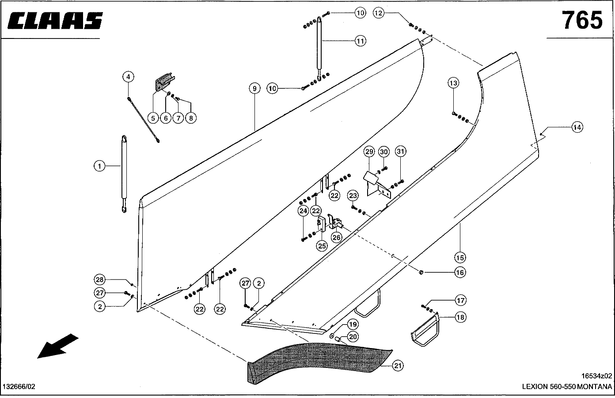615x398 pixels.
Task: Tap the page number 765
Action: pos(582,20)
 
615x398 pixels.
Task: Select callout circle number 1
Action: pos(100,166)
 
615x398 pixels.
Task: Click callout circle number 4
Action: pos(128,77)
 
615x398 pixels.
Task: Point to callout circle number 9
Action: pos(254,88)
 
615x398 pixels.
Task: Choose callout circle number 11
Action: pos(361,41)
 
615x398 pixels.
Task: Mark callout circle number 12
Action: pos(379,13)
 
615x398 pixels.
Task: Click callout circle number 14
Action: pos(577,127)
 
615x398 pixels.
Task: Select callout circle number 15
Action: pos(460,257)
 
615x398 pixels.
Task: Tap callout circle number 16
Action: pos(460,272)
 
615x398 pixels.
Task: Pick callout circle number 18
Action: pos(461,317)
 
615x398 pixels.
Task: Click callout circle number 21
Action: pos(398,366)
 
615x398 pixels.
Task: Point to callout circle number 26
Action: pos(337,237)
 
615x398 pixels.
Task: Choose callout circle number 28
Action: pos(100,279)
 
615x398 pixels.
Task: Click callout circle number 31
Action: pos(400,152)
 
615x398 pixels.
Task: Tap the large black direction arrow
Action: pos(57,346)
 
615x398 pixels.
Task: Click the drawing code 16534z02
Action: pos(596,376)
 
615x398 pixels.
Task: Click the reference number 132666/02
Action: pos(19,387)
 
